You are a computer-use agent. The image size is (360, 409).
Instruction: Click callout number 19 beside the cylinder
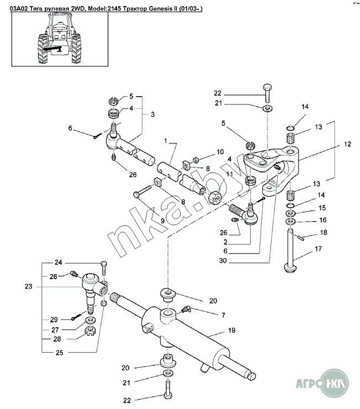(232, 331)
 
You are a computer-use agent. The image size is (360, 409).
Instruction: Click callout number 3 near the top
(152, 114)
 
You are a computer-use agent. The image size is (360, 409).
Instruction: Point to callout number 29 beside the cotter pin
(54, 320)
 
